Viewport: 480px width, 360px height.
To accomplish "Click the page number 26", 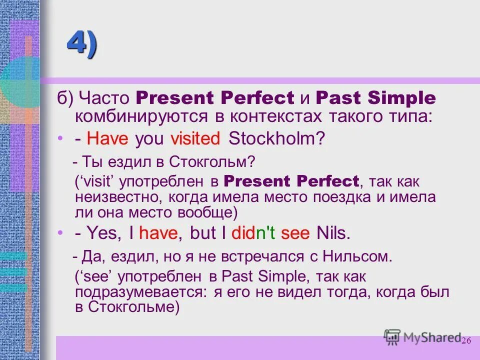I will coord(466,340).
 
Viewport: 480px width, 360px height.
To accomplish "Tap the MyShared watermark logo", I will coord(422,337).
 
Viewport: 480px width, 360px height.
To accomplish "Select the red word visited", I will coord(195,138).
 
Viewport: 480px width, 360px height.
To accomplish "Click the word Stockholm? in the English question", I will coord(276,138).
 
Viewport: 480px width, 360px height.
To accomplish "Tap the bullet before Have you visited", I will coord(60,138).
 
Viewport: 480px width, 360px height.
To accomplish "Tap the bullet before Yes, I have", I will coord(60,232).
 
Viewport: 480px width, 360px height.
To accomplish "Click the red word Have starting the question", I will coord(108,138).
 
